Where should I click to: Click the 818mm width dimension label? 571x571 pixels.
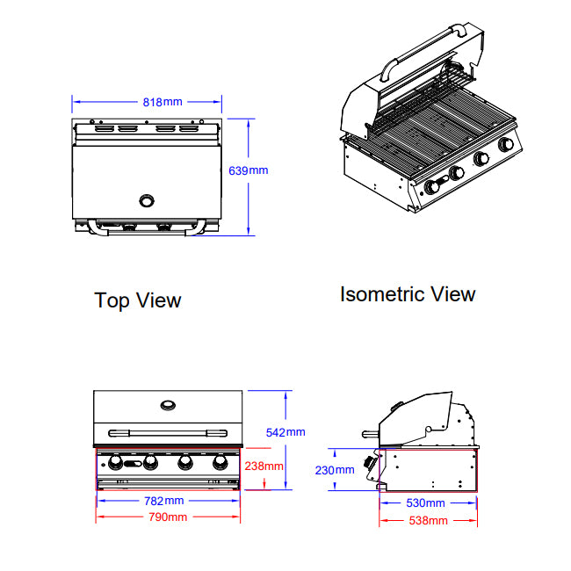tap(163, 102)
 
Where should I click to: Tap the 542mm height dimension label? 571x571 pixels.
tap(285, 431)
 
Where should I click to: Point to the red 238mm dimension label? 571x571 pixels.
tap(264, 466)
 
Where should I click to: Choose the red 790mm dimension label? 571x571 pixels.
tap(167, 517)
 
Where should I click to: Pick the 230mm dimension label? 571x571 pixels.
tap(335, 470)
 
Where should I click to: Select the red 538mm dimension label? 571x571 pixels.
tap(428, 520)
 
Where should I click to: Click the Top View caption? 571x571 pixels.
tap(138, 300)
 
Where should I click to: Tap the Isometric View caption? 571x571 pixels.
tap(408, 294)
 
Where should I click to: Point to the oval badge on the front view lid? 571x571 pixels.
tap(167, 405)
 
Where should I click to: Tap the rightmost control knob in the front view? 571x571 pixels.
tap(218, 462)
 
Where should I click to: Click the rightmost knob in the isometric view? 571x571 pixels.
tap(505, 145)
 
